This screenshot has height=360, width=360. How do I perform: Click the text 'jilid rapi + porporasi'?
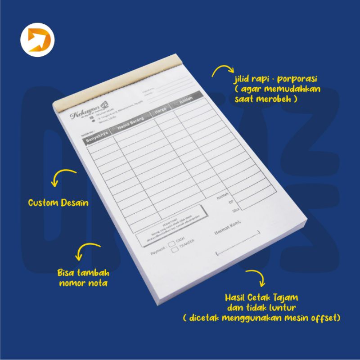[x=276, y=80]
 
